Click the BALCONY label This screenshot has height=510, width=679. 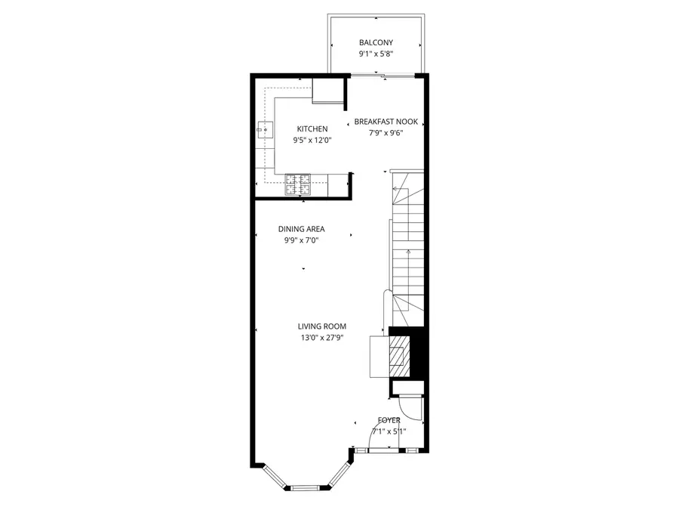tap(376, 43)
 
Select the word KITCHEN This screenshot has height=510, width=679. tap(312, 129)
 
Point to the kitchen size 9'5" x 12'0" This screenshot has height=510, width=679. tap(312, 141)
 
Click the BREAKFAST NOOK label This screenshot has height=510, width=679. tap(386, 122)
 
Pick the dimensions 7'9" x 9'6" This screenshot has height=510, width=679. tap(386, 133)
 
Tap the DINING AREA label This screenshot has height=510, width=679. tap(301, 229)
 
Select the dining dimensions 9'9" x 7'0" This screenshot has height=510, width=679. tap(301, 240)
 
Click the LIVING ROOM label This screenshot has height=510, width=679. tap(321, 326)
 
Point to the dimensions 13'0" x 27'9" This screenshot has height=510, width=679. tap(321, 338)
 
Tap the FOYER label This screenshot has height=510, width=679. tap(389, 420)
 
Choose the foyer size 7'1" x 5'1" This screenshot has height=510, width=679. tap(389, 431)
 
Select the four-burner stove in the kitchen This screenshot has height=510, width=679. tap(297, 182)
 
